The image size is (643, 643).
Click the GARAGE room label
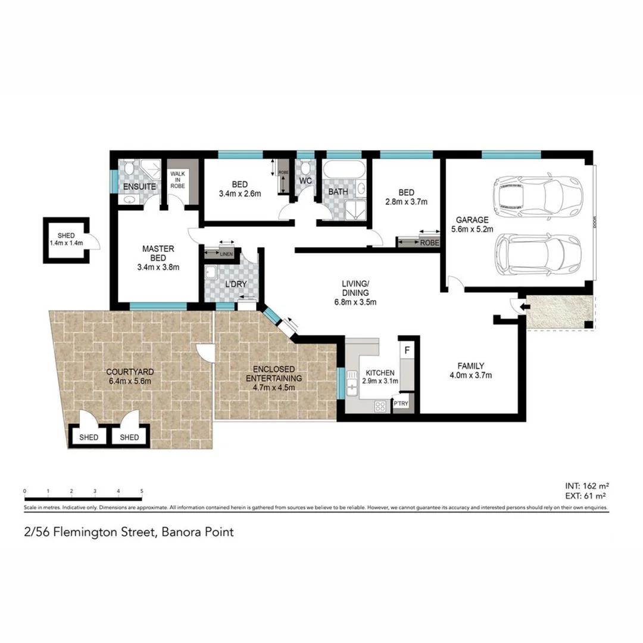pos(472,219)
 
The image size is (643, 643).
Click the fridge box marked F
pos(407,349)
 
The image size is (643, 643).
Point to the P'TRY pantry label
pos(401,405)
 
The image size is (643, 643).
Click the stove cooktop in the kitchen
pos(379,406)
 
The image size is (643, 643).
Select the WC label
pos(305,180)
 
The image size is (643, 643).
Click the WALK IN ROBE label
pos(177,180)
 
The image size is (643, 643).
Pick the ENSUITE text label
pos(139,187)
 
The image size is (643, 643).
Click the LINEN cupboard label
pos(226,255)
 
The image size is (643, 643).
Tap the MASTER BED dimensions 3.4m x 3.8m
pos(158,267)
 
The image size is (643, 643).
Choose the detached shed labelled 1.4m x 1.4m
pos(66,239)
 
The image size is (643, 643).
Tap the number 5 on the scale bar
pos(142,491)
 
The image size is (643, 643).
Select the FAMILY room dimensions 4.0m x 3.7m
pos(470,375)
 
